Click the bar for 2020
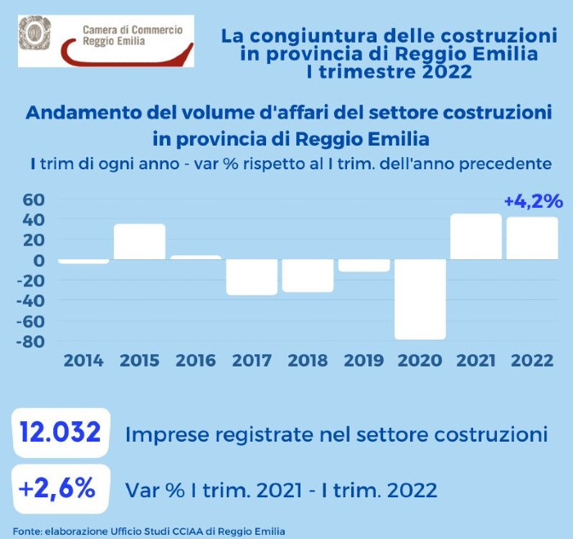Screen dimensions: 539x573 tap(420, 299)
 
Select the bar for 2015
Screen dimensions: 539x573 tap(139, 242)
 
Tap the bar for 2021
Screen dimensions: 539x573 tap(476, 236)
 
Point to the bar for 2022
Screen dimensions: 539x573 tap(532, 238)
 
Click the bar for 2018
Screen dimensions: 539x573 tap(308, 275)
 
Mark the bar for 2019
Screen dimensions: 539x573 tap(363, 265)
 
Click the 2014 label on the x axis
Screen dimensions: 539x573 tap(83, 361)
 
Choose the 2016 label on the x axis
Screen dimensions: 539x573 tap(195, 361)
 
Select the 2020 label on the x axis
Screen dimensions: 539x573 tap(420, 361)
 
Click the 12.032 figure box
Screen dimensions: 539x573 tap(61, 433)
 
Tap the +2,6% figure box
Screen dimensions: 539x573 tap(60, 489)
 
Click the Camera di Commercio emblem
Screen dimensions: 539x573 tap(35, 34)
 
